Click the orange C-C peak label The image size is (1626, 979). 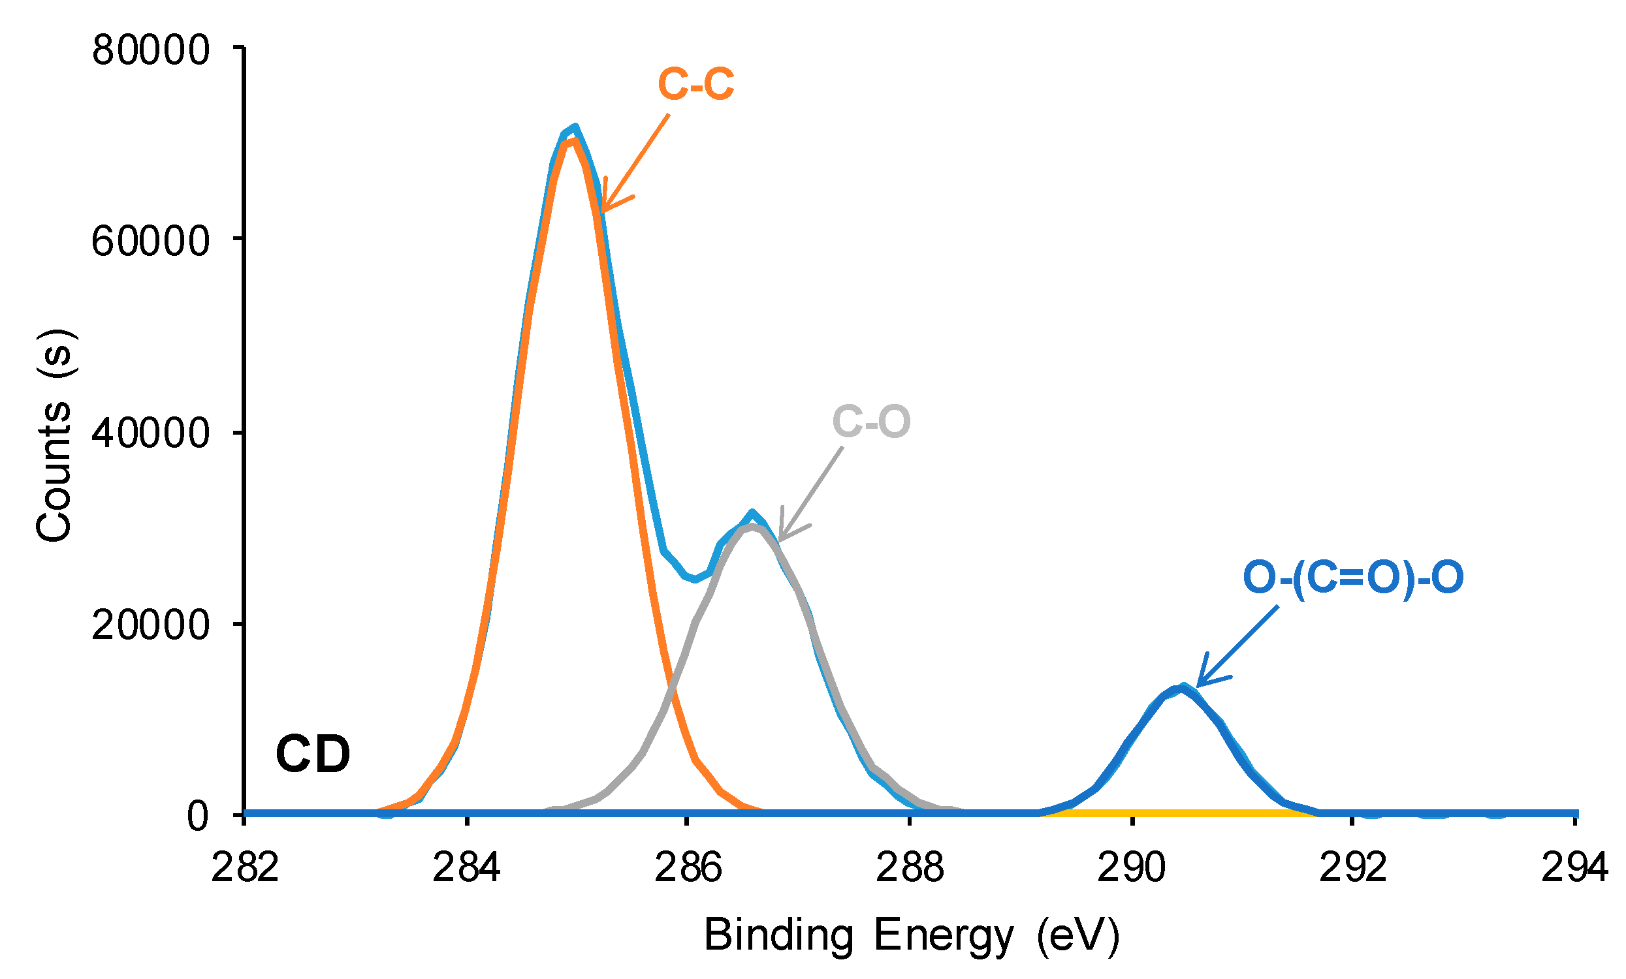[695, 84]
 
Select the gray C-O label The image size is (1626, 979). [871, 421]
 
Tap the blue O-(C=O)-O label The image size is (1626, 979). [1353, 576]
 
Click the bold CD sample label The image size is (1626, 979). [313, 753]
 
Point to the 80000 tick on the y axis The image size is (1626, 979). [150, 50]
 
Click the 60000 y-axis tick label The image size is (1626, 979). [150, 241]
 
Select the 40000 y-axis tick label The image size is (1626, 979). [150, 433]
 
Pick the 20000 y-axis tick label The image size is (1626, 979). [150, 625]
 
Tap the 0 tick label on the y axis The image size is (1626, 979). [198, 816]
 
